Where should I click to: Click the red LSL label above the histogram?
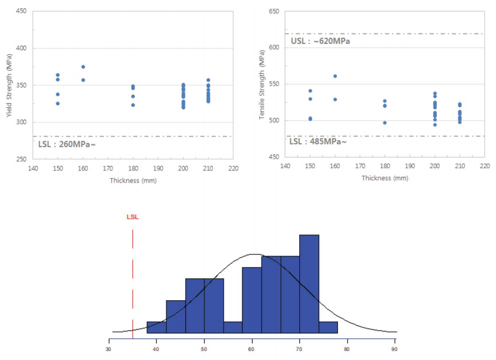point(132,217)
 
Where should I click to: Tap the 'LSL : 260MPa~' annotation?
point(67,143)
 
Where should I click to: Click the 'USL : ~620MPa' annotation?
point(320,41)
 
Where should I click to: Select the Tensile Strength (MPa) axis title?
point(262,88)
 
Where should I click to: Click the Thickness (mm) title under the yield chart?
point(133,181)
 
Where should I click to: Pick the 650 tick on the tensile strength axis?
point(273,10)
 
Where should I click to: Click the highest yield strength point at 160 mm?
point(83,67)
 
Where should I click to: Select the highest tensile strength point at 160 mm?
point(335,76)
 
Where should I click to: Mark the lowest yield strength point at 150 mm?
point(58,104)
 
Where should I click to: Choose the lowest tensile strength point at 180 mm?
point(385,122)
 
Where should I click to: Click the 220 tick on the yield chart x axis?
point(233,168)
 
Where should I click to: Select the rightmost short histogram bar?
point(328,327)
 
